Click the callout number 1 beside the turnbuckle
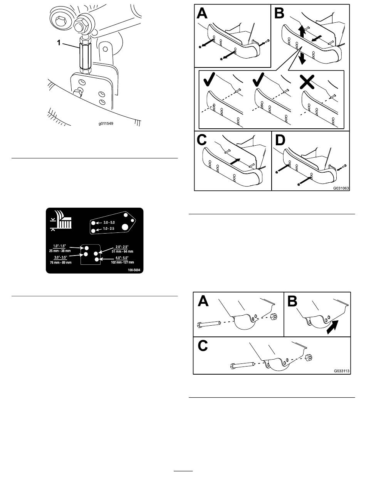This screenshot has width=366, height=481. click(59, 44)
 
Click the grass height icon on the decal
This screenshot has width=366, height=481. click(62, 221)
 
